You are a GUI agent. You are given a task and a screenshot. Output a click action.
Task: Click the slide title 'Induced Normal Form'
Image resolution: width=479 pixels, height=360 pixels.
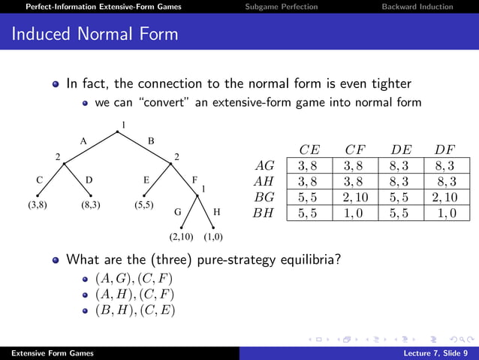(95, 34)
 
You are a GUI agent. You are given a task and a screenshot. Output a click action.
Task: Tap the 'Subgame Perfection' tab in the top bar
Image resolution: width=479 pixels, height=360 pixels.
(282, 7)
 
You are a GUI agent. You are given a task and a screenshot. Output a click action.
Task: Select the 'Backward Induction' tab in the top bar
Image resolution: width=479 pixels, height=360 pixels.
(417, 7)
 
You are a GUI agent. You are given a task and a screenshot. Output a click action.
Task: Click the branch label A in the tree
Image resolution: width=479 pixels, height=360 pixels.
(83, 141)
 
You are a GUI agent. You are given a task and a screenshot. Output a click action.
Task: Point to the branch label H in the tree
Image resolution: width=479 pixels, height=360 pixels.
(217, 212)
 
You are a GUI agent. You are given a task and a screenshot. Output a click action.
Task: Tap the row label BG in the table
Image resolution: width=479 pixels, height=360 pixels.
(265, 197)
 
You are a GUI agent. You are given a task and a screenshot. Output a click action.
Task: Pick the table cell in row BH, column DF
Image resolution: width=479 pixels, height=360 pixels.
(444, 213)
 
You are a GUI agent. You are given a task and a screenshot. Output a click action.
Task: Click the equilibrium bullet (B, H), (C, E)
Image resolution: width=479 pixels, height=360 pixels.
(134, 309)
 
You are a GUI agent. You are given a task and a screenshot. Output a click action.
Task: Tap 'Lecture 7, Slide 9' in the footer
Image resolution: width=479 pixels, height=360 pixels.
(435, 353)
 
